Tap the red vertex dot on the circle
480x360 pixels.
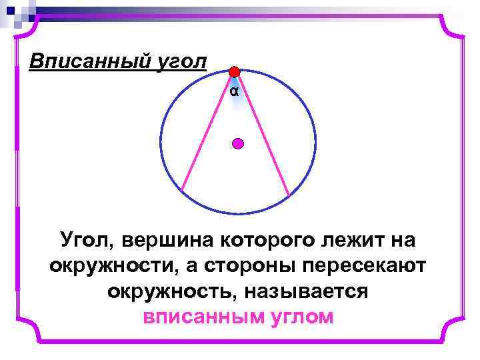coord(234,72)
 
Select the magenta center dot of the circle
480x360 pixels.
coord(238,143)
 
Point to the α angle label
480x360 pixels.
coord(233,91)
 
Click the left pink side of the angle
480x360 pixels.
coord(207,133)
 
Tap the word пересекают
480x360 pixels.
coord(366,265)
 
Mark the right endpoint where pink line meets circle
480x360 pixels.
coord(289,195)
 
